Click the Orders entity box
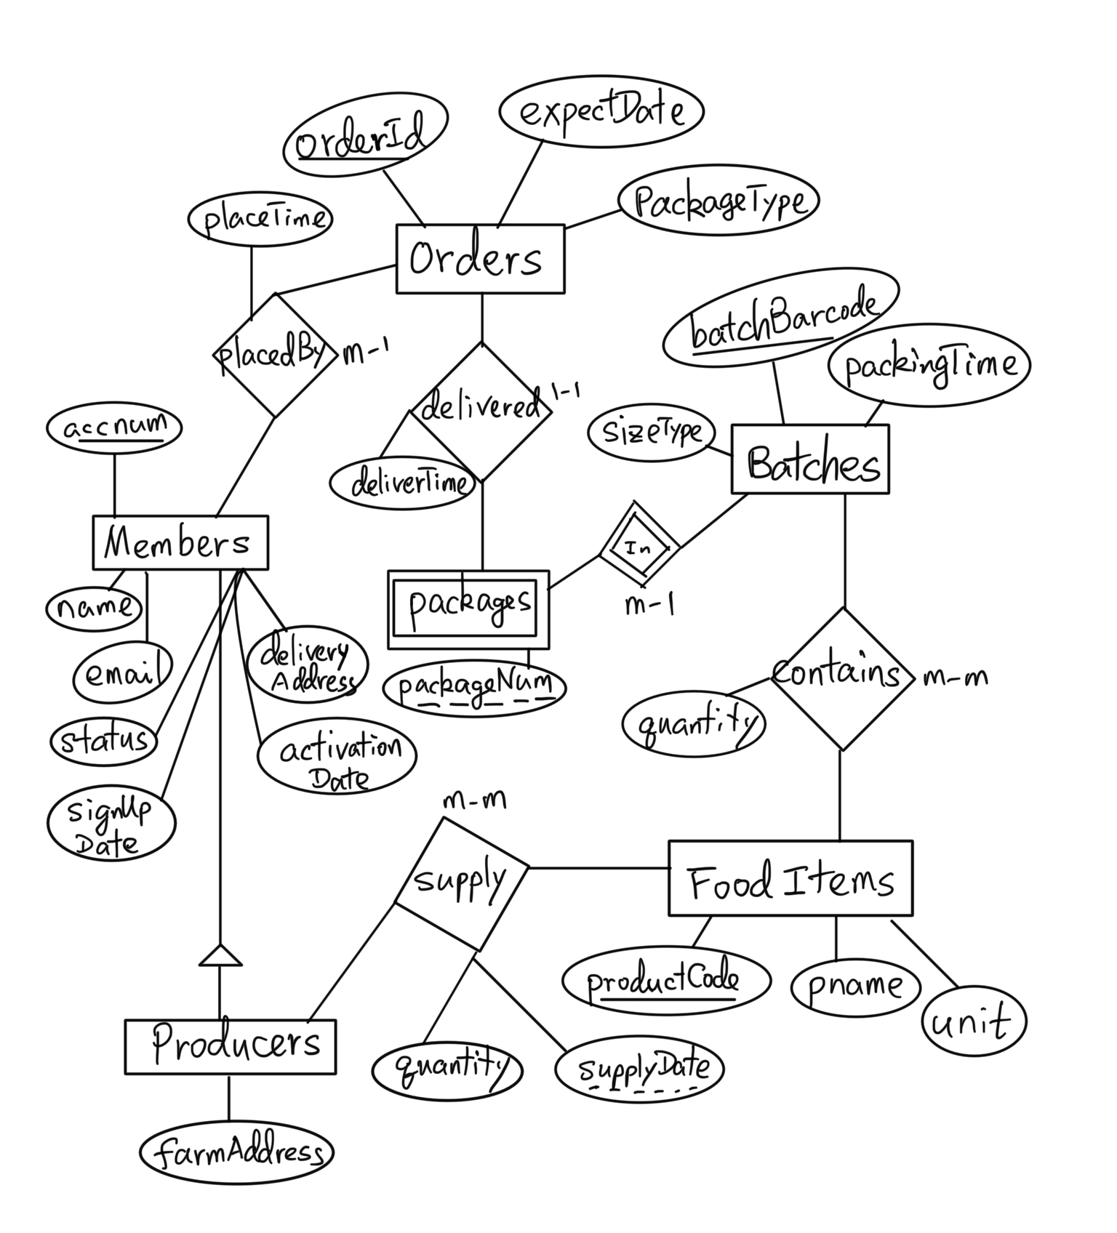(x=480, y=259)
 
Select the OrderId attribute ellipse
(x=364, y=137)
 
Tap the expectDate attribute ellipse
(x=601, y=111)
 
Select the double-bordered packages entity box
(x=468, y=609)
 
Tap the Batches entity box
(x=809, y=460)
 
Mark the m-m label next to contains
(x=954, y=678)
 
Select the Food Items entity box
(x=790, y=878)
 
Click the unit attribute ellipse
(x=973, y=1021)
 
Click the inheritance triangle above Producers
(x=220, y=955)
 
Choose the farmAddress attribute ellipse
(x=236, y=1152)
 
